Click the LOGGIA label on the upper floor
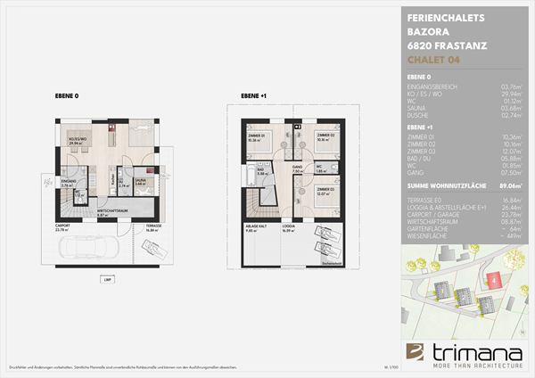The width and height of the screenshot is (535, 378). pyautogui.click(x=288, y=226)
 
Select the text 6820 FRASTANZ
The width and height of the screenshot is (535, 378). pyautogui.click(x=445, y=45)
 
